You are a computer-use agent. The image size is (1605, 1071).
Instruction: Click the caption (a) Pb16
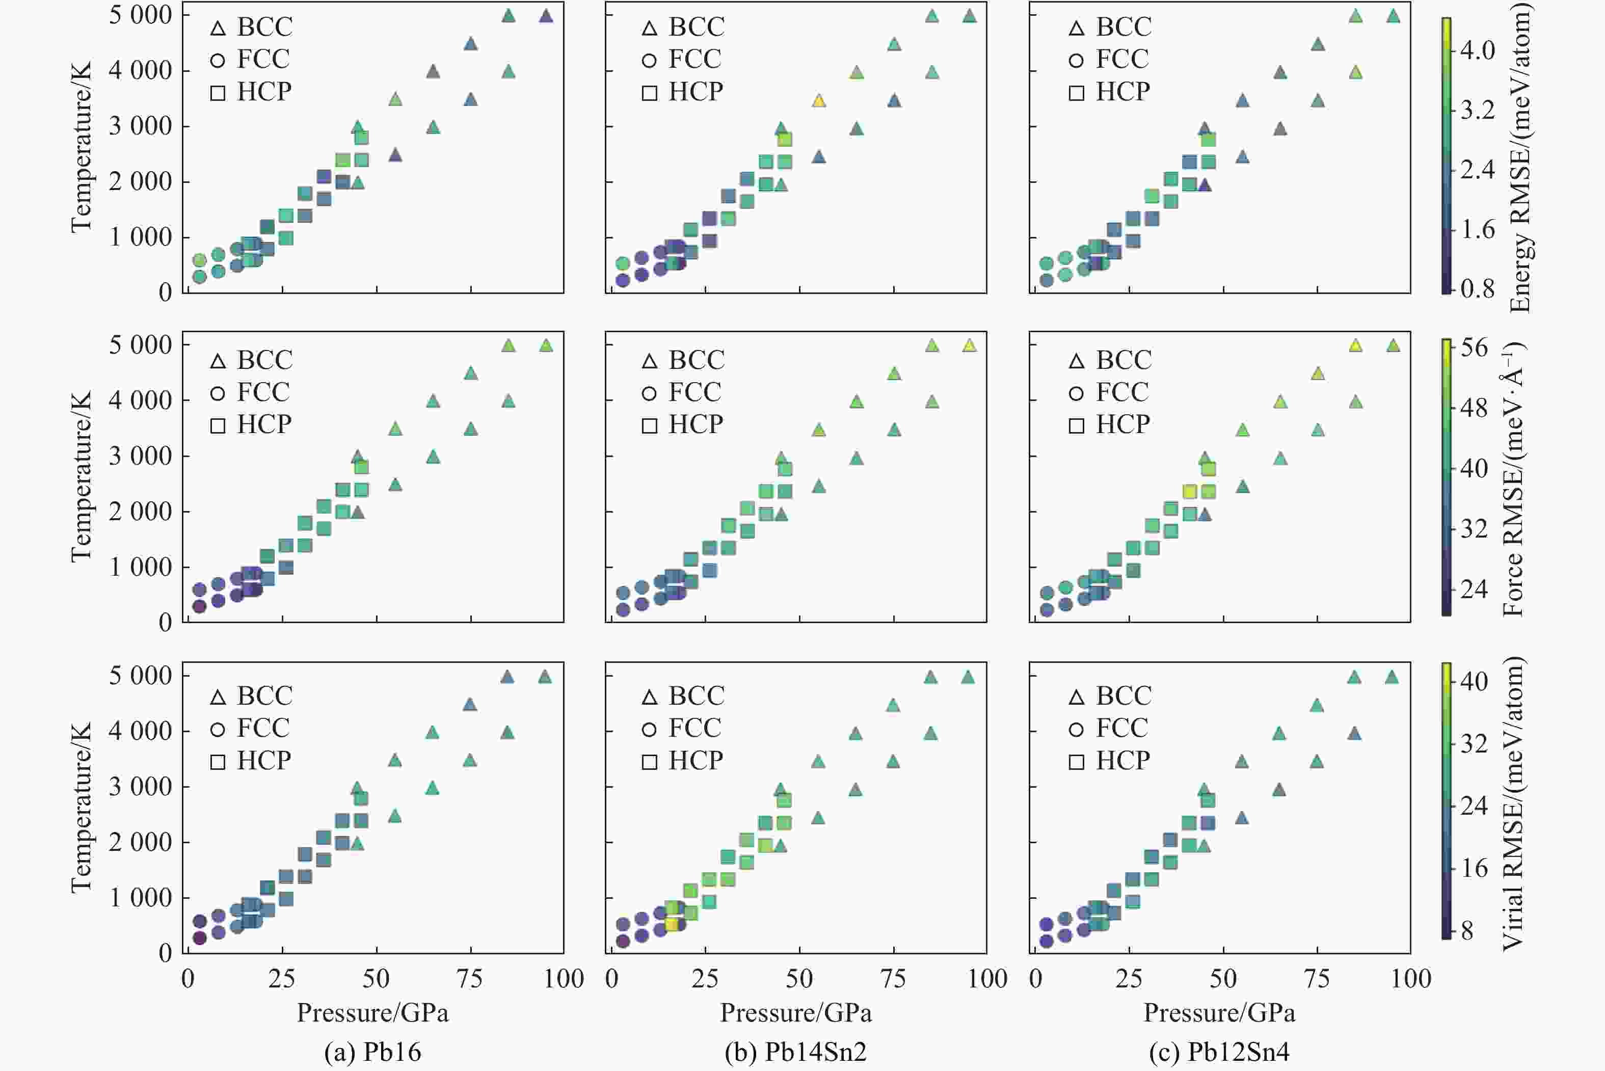pyautogui.click(x=373, y=1051)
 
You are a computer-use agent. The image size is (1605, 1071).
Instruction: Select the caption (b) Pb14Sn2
pyautogui.click(x=796, y=1051)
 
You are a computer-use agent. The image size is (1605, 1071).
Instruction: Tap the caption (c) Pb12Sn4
pyautogui.click(x=1219, y=1051)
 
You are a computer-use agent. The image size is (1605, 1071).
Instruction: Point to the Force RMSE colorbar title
pyautogui.click(x=1513, y=478)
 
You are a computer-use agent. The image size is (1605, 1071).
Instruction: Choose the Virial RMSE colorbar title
pyautogui.click(x=1513, y=805)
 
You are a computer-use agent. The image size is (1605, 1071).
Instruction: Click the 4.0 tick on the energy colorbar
pyautogui.click(x=1477, y=50)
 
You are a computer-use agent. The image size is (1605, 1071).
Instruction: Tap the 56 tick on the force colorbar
pyautogui.click(x=1474, y=347)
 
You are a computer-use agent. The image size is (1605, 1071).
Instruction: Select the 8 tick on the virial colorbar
pyautogui.click(x=1466, y=931)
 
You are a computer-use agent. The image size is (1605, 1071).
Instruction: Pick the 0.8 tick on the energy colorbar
pyautogui.click(x=1477, y=289)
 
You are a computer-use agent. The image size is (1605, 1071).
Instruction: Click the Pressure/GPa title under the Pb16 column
pyautogui.click(x=373, y=1012)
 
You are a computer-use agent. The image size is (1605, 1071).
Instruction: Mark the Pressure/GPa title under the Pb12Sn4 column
pyautogui.click(x=1219, y=1012)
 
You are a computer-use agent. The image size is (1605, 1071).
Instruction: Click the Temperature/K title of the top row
pyautogui.click(x=81, y=147)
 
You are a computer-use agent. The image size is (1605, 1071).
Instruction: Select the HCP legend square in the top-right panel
pyautogui.click(x=1077, y=93)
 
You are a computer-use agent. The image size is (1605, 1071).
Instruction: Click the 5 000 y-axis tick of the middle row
pyautogui.click(x=140, y=345)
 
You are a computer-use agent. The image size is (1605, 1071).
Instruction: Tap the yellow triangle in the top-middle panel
pyautogui.click(x=819, y=101)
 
